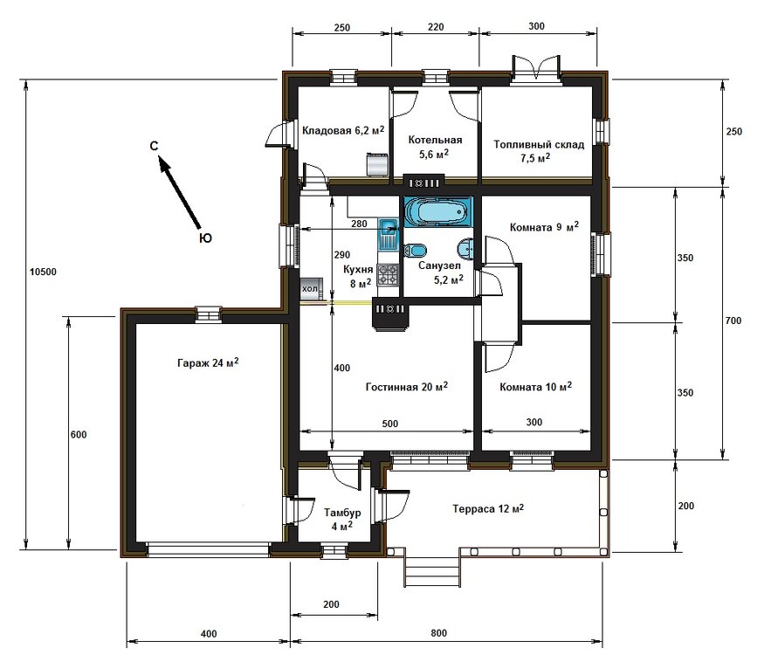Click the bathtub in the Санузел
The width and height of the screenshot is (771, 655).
tap(437, 211)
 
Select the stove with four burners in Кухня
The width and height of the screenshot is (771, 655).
tap(388, 277)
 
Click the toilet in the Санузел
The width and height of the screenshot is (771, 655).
tap(415, 249)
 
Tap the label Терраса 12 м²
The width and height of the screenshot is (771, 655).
tap(487, 508)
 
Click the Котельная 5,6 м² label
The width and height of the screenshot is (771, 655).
tap(434, 146)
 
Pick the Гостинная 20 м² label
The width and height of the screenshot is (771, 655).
tap(407, 386)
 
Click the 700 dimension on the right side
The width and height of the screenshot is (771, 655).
tap(733, 321)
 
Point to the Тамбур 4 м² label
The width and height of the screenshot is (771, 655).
tap(338, 519)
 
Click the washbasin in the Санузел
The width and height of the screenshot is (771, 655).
tap(468, 249)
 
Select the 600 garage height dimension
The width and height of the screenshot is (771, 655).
tap(78, 434)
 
